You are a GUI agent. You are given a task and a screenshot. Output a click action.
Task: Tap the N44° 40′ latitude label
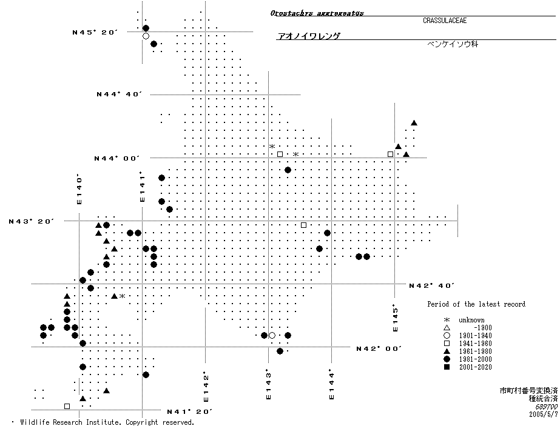coord(120,94)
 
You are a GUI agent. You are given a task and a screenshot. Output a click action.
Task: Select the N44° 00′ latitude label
coord(117,158)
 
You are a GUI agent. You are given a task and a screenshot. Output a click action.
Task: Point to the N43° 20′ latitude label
coord(32,221)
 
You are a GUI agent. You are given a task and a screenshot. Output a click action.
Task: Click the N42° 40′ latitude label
coord(432,285)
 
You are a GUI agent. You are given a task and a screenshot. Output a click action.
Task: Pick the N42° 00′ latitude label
coord(379,348)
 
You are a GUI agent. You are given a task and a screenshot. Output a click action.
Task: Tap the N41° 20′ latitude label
coord(189,411)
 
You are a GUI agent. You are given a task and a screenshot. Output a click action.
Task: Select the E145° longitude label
coord(396,318)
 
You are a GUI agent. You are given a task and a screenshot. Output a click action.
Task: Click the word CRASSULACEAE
coord(445,21)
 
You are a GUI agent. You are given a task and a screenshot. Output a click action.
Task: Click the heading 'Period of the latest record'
coord(476,304)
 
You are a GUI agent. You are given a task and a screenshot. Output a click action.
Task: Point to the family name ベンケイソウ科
coord(453,44)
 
